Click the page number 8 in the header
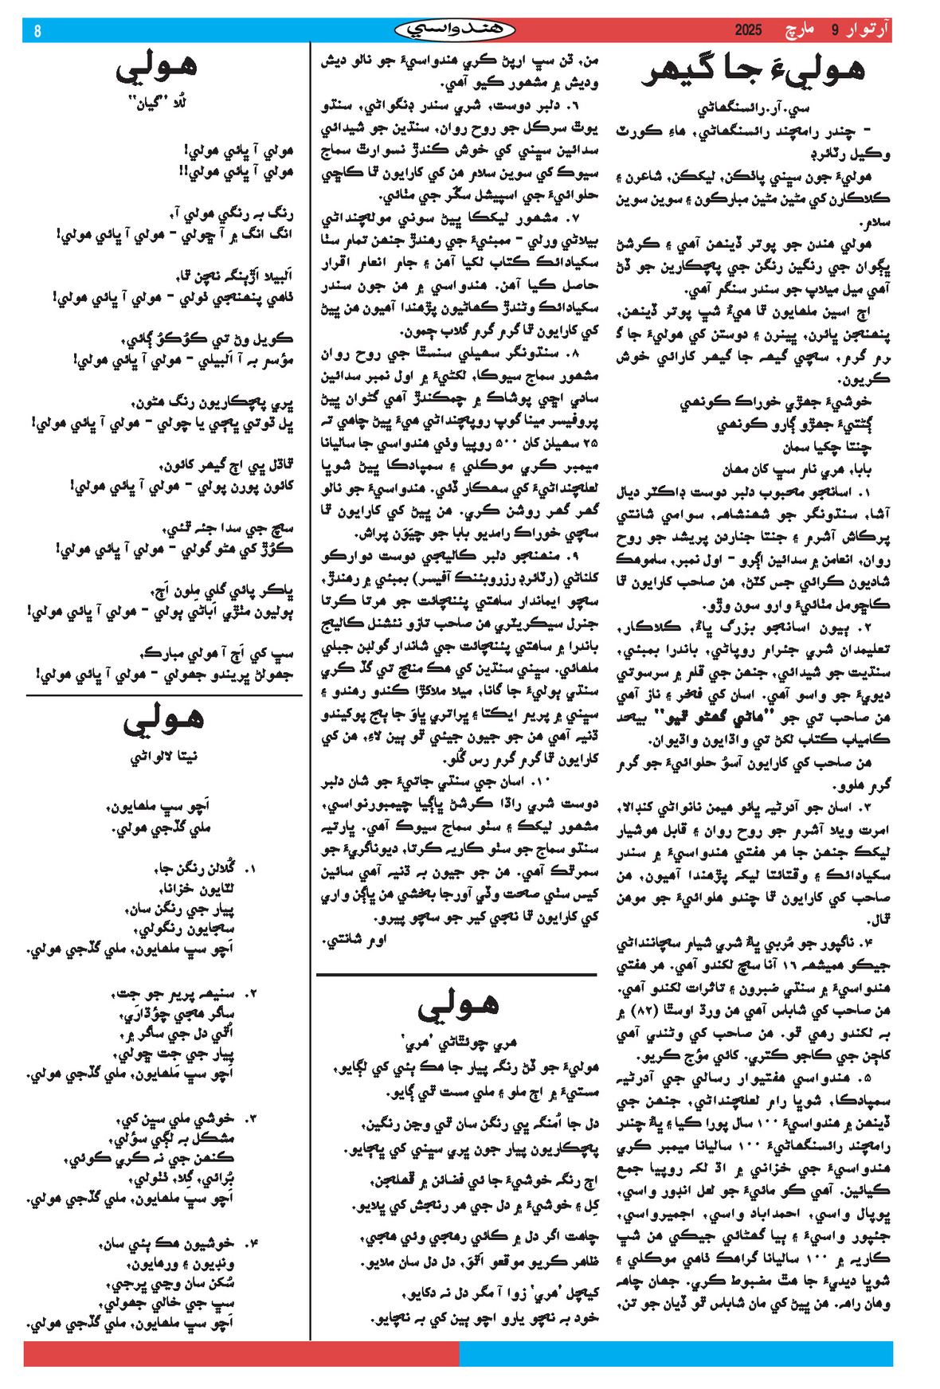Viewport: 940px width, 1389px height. click(37, 31)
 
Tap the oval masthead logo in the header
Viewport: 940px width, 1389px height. click(455, 30)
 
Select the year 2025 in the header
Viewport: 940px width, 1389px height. click(748, 31)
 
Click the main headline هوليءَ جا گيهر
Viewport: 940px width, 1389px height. click(752, 71)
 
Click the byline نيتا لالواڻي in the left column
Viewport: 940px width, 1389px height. click(163, 757)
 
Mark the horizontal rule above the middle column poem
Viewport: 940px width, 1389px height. click(456, 974)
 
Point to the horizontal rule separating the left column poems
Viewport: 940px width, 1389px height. click(164, 695)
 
